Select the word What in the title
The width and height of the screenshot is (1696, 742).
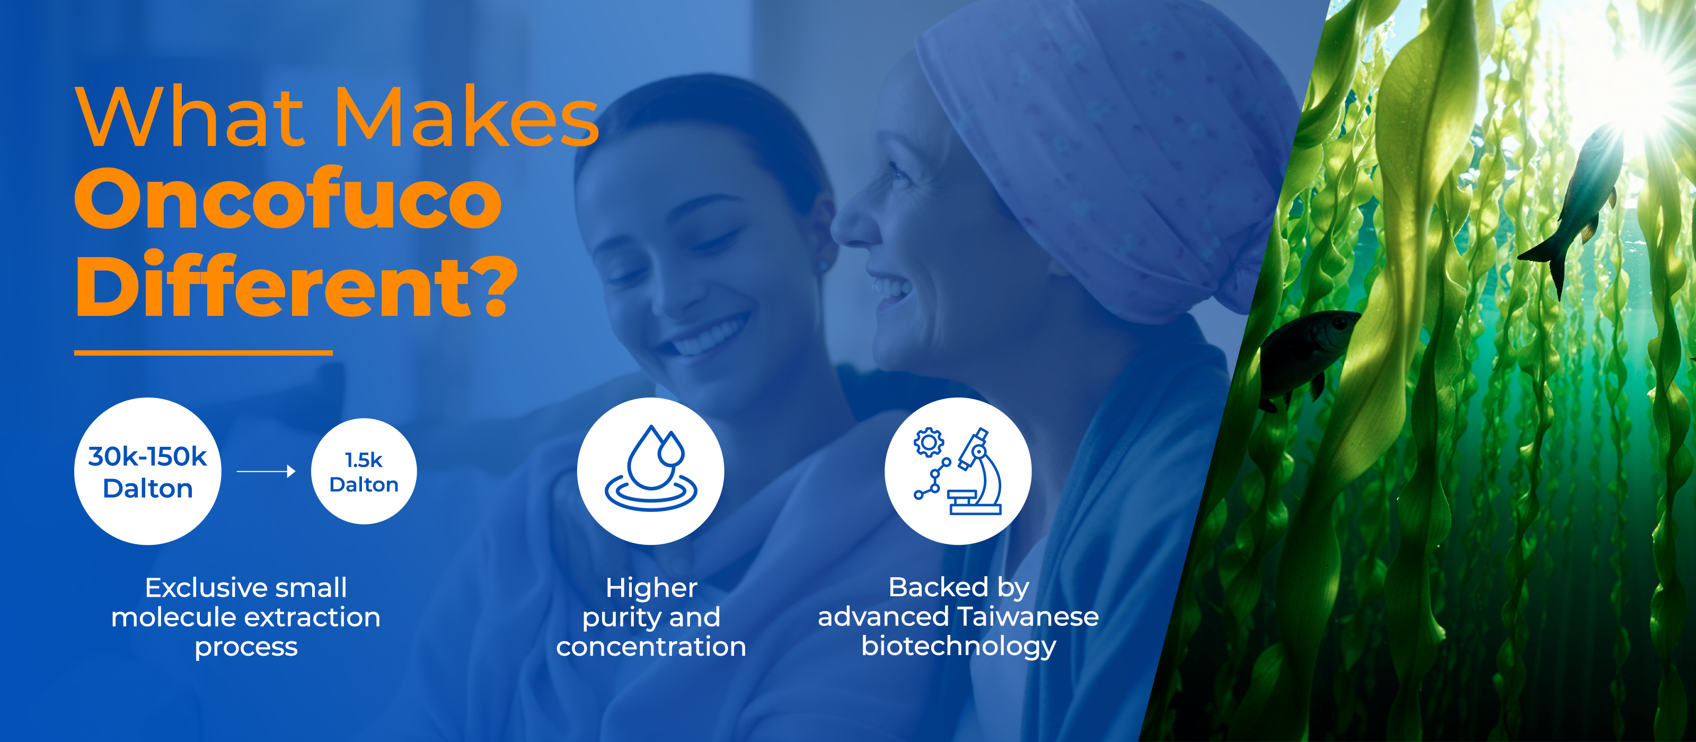tap(191, 117)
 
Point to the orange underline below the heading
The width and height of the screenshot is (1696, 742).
tap(204, 353)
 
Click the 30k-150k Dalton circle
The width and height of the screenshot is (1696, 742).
tap(147, 471)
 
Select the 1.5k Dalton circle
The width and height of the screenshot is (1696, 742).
tap(364, 471)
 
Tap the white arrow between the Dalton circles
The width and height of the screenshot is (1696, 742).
tap(266, 471)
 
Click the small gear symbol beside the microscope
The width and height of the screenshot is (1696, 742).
tap(929, 443)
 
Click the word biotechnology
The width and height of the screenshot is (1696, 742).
tap(959, 647)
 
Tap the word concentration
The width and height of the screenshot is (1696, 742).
tap(651, 647)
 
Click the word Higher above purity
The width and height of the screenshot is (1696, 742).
tap(651, 588)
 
